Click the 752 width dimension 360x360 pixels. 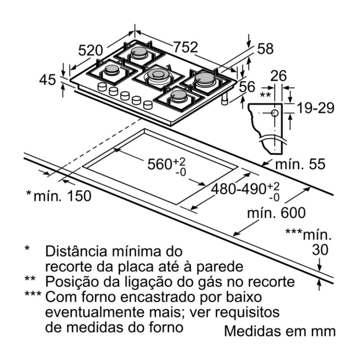185,47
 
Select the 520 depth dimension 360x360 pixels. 90,50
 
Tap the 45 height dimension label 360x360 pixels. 48,80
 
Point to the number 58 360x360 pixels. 265,48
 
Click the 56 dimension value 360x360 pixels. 247,87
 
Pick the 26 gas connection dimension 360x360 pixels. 278,76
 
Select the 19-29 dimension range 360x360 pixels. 316,108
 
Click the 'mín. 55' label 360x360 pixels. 300,164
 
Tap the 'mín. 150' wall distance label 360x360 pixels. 59,196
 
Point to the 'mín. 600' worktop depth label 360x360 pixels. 276,213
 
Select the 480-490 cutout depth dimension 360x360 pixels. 245,191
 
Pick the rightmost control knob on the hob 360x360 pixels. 148,105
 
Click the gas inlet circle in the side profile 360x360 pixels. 275,113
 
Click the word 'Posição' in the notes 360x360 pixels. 72,282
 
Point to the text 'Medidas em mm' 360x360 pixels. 280,331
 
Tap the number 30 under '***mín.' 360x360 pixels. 320,250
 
